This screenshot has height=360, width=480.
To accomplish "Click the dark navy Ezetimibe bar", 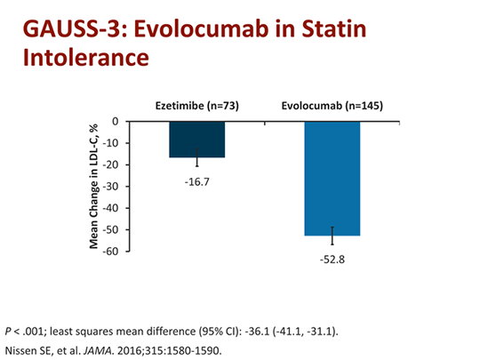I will (x=196, y=139).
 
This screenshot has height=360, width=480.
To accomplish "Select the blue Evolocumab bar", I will (x=332, y=178).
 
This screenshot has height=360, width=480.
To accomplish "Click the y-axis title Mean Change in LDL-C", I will (x=92, y=187).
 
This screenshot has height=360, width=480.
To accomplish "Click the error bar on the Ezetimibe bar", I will (x=197, y=162).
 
